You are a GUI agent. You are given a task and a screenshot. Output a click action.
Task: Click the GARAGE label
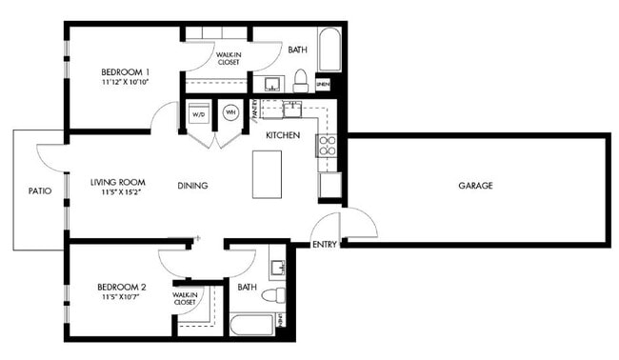coord(475,186)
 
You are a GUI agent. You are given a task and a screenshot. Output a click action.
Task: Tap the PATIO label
coord(39,190)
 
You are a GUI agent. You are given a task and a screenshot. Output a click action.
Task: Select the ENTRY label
coord(324,245)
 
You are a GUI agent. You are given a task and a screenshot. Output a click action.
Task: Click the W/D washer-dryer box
coord(199,114)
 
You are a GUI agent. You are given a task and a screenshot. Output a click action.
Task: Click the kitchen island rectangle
coord(269,174)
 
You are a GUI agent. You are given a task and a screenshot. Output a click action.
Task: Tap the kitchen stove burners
coord(327,146)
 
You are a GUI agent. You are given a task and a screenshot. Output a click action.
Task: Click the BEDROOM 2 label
coord(121,287)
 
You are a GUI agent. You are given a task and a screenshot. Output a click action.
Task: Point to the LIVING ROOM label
coord(117,181)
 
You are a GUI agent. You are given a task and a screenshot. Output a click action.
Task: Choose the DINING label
coord(192,186)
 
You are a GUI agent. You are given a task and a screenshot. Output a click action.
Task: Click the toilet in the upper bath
coord(300,78)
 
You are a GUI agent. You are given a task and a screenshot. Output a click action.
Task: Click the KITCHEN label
coord(283,135)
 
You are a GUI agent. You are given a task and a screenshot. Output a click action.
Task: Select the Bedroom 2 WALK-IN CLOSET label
coord(185,299)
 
